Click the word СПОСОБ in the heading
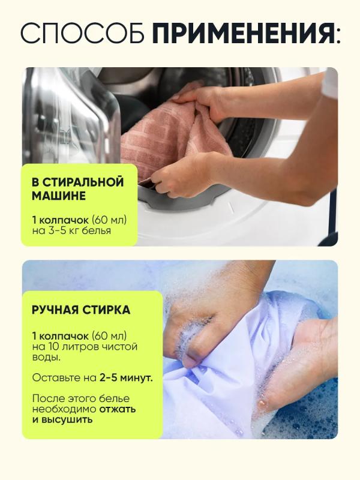click(82, 33)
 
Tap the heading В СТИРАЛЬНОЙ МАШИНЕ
click(78, 188)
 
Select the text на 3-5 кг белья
click(71, 230)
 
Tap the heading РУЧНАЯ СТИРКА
click(81, 310)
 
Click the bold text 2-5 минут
click(126, 378)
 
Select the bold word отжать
click(118, 409)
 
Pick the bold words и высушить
click(62, 419)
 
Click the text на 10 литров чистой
click(85, 347)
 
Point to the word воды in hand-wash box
click(46, 358)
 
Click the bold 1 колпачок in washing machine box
click(60, 220)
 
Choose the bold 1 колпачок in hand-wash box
click(60, 336)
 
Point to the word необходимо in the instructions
click(64, 409)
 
